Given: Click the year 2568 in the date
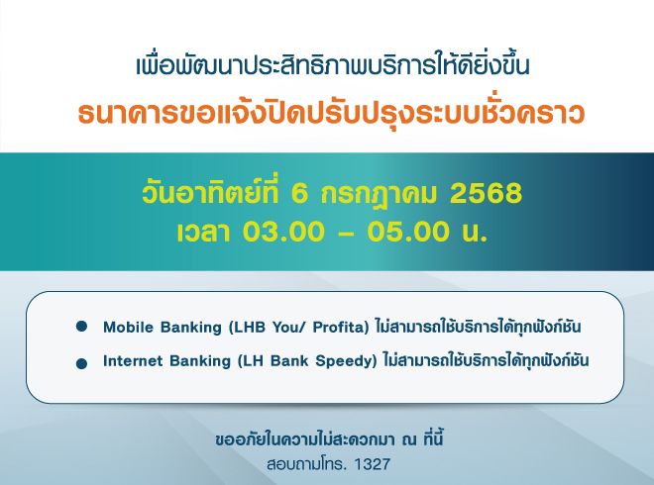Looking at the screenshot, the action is (x=486, y=193).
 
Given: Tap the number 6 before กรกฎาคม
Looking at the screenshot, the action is (x=299, y=193).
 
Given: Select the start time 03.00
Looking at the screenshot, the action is (x=283, y=232).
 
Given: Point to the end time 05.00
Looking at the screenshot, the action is (x=408, y=232).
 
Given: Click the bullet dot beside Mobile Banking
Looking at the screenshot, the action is (x=81, y=327).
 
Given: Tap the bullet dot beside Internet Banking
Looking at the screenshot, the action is (x=81, y=364).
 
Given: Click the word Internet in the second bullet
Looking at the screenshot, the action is (x=132, y=361).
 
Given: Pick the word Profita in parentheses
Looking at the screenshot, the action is (x=341, y=328).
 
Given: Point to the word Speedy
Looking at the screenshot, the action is (x=346, y=361).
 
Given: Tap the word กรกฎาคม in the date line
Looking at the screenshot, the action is (x=379, y=195).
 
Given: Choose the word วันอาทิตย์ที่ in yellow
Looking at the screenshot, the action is (x=210, y=192).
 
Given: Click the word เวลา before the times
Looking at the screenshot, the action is (x=203, y=232).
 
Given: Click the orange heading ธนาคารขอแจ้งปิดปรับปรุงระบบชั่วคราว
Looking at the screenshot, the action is (x=331, y=113).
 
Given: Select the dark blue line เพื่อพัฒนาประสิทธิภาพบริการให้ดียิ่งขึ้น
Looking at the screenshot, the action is (x=332, y=65).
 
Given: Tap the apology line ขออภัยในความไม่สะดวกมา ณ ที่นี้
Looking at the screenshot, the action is (x=329, y=439).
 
